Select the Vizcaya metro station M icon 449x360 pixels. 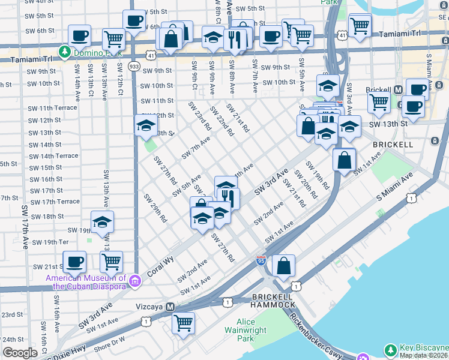click(x=170, y=307)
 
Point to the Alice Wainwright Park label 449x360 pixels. click(x=246, y=330)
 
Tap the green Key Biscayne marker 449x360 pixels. click(x=391, y=349)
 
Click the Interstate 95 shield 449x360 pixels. click(x=261, y=260)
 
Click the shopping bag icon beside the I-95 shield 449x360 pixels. click(x=283, y=265)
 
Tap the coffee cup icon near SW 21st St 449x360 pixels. click(x=74, y=262)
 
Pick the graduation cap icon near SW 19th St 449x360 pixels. click(x=103, y=222)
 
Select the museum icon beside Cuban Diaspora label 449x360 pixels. click(x=135, y=280)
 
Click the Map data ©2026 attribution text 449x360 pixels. click(x=424, y=355)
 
